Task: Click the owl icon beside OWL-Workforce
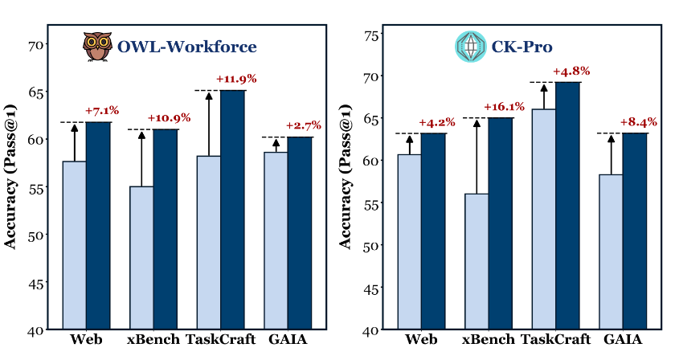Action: pyautogui.click(x=98, y=47)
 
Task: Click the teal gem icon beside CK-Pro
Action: pyautogui.click(x=468, y=47)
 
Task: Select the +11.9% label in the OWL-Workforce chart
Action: pyautogui.click(x=236, y=79)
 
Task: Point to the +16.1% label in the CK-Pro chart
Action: pyautogui.click(x=504, y=107)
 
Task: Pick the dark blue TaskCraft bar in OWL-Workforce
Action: pyautogui.click(x=233, y=209)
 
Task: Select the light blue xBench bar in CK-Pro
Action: pyautogui.click(x=477, y=261)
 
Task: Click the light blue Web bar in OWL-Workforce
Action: pyautogui.click(x=75, y=245)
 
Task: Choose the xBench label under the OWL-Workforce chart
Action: pyautogui.click(x=153, y=339)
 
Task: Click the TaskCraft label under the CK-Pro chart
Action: pyautogui.click(x=555, y=339)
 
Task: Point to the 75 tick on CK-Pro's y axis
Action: pyautogui.click(x=371, y=35)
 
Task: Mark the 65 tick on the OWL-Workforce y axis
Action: pyautogui.click(x=37, y=92)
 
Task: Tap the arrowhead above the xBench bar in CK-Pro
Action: pyautogui.click(x=477, y=123)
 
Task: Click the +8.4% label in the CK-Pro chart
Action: pyautogui.click(x=638, y=122)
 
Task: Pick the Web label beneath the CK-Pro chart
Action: pyautogui.click(x=422, y=339)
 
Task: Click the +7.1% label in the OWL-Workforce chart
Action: pyautogui.click(x=101, y=110)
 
